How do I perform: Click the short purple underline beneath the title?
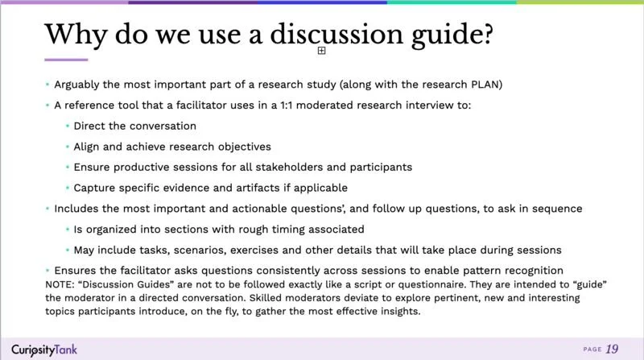[x=65, y=60]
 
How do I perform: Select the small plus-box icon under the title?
[x=321, y=51]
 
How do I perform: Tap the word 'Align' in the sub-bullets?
[x=87, y=147]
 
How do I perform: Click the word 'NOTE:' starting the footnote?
[x=61, y=284]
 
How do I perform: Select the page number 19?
[x=612, y=348]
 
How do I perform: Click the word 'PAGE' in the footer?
[x=591, y=349]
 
